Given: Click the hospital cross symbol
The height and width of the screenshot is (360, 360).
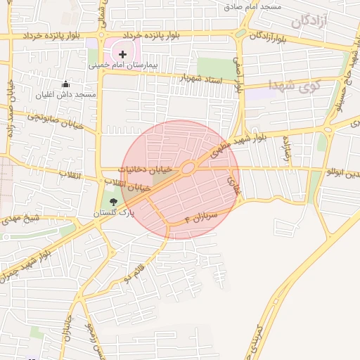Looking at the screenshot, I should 123,54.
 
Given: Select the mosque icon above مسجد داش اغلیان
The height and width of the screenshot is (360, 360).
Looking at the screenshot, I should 67,84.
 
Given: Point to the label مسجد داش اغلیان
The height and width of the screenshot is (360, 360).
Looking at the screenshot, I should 67,94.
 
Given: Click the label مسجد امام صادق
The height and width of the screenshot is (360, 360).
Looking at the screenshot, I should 253,6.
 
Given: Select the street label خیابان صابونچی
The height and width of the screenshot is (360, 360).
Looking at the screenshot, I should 56,121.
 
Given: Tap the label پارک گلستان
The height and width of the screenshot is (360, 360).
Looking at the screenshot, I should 113,212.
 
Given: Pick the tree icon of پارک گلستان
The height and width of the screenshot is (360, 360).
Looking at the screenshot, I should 114,202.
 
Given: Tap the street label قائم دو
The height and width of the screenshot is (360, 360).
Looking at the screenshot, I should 136,271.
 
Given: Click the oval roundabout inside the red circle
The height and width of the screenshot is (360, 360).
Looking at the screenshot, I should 188,168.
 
